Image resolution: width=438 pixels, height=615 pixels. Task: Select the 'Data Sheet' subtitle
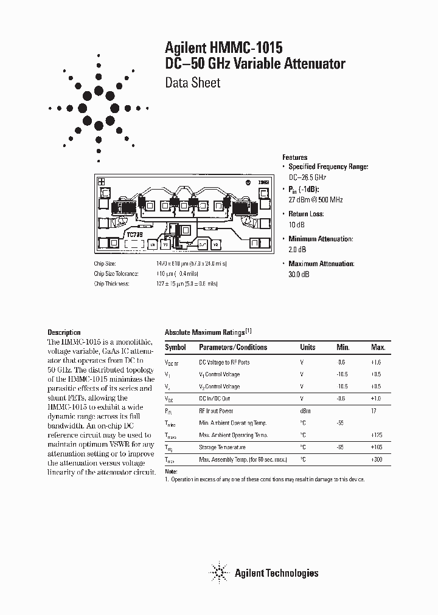click(x=193, y=83)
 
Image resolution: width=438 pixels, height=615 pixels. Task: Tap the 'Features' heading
click(x=295, y=157)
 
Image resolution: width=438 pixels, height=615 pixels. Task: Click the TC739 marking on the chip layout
click(x=135, y=233)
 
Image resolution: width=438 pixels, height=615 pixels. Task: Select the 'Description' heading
click(x=64, y=332)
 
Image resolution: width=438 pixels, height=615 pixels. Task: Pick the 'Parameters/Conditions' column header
click(x=233, y=348)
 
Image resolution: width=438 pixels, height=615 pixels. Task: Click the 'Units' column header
click(x=308, y=348)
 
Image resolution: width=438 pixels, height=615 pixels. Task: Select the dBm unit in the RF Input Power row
click(x=307, y=411)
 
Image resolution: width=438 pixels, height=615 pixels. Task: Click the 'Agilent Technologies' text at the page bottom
click(x=276, y=573)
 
